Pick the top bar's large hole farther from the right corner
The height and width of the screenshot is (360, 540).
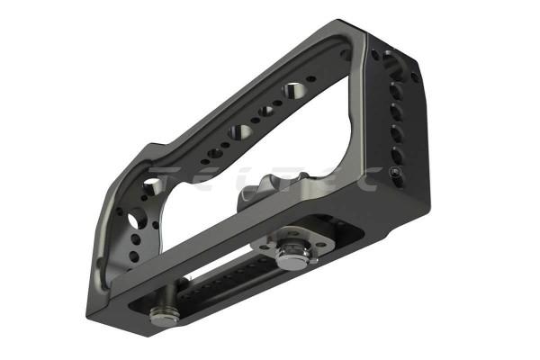click(x=241, y=131)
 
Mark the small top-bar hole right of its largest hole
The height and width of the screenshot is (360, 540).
click(x=311, y=80)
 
